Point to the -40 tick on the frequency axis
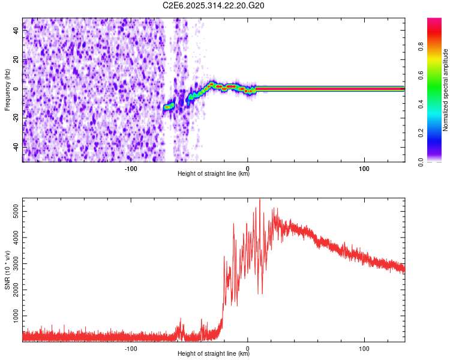click(16, 146)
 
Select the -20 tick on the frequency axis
click(16, 118)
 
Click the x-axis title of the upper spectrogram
click(214, 174)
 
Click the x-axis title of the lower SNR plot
click(214, 354)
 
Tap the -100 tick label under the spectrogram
click(131, 168)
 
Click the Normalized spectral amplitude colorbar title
click(446, 90)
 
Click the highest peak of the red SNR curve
click(260, 200)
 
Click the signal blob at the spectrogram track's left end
click(169, 106)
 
